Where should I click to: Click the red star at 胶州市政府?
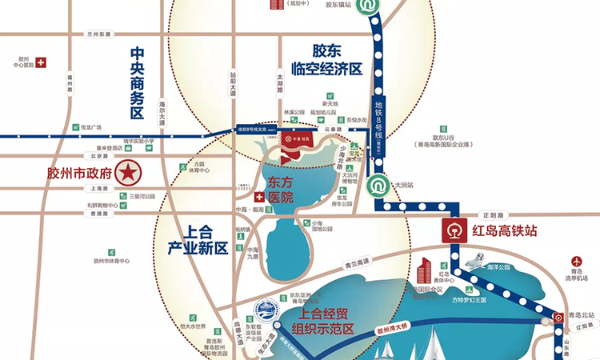coord(126,171)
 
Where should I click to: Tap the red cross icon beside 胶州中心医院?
coord(42,62)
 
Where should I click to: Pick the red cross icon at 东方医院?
coord(258,197)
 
